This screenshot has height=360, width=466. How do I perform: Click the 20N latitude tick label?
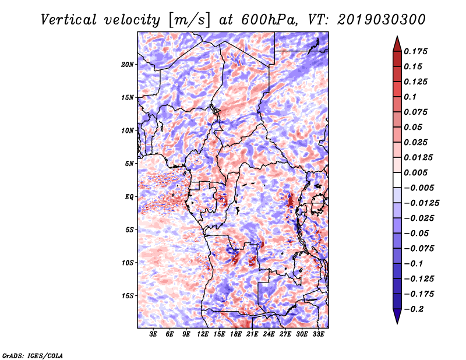(127, 65)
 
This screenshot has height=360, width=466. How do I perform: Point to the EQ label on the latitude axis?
(129, 197)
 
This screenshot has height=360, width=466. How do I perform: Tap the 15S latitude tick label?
(127, 296)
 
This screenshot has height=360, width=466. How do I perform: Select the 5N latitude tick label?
(129, 164)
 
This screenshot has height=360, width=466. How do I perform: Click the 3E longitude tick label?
(153, 334)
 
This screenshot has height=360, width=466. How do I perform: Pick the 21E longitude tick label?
(252, 334)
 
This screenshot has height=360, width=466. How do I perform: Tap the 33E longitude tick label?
(318, 334)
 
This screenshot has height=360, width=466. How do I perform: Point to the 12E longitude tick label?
(203, 334)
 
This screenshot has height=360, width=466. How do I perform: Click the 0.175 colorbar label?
(415, 51)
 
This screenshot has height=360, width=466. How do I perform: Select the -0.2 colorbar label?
(414, 309)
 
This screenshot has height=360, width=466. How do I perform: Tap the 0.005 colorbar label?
(415, 172)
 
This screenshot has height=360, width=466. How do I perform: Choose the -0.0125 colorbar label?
(421, 203)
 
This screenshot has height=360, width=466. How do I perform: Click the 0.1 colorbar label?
(410, 97)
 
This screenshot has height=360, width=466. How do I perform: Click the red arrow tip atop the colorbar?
(397, 36)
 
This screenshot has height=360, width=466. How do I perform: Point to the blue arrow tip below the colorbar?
(397, 323)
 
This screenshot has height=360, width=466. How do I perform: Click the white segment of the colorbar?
(397, 180)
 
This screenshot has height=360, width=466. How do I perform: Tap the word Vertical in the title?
(68, 20)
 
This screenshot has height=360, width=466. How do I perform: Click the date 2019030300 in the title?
(382, 20)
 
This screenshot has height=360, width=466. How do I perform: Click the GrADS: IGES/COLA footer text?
(33, 355)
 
